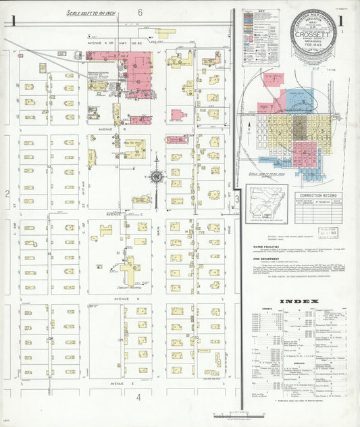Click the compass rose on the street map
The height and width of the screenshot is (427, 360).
point(157,178)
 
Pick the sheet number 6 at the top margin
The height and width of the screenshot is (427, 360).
point(140,12)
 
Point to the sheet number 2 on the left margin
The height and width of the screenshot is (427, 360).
point(7,195)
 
